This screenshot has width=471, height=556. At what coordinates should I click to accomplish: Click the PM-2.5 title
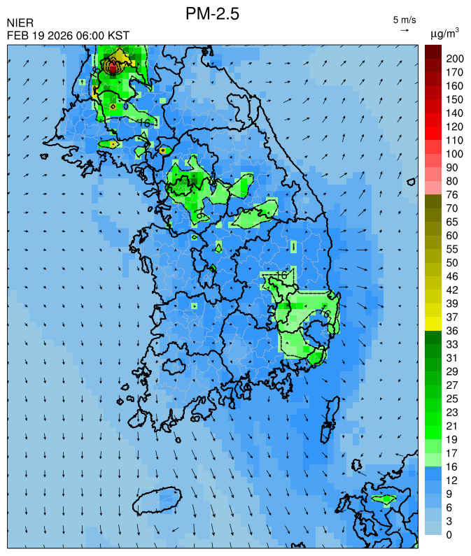[212, 13]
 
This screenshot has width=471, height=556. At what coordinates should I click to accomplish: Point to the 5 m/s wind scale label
[405, 19]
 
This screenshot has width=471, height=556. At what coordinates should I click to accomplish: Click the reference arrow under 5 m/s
[405, 30]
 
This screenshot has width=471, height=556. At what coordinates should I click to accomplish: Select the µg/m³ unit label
[444, 33]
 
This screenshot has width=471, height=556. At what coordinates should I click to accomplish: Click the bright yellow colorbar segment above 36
[433, 324]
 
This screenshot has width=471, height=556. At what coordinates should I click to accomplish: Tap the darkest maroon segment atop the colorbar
[433, 51]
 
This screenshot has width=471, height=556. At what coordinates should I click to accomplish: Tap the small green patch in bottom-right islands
[384, 499]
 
